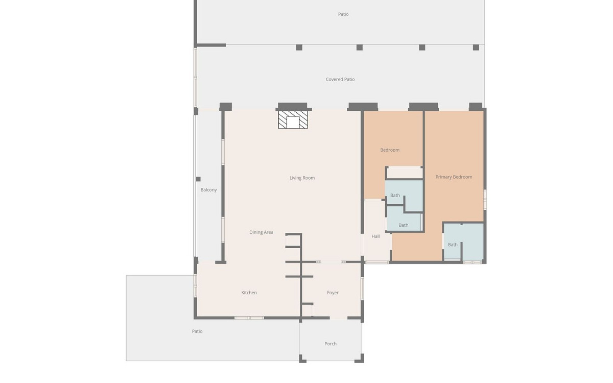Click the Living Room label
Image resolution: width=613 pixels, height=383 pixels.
pyautogui.click(x=302, y=178)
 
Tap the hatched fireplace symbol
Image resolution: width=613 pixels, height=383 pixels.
pyautogui.click(x=293, y=120)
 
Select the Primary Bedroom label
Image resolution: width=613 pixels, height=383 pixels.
pyautogui.click(x=454, y=177)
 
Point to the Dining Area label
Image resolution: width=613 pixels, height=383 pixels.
pyautogui.click(x=261, y=232)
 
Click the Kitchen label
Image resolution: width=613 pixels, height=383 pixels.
pyautogui.click(x=249, y=292)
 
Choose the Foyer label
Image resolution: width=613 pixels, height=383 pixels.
pyautogui.click(x=333, y=292)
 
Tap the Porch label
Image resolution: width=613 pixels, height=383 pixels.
pyautogui.click(x=330, y=344)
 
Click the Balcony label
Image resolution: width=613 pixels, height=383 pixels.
pyautogui.click(x=208, y=190)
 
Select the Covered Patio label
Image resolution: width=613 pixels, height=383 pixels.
pyautogui.click(x=340, y=79)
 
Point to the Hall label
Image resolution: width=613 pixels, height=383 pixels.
pyautogui.click(x=375, y=236)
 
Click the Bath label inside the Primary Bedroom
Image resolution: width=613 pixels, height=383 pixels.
pyautogui.click(x=453, y=244)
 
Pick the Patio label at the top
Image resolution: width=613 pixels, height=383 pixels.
pyautogui.click(x=343, y=14)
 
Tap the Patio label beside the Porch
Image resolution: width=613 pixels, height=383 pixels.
pyautogui.click(x=197, y=331)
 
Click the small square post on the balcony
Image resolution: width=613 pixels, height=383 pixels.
pyautogui.click(x=198, y=179)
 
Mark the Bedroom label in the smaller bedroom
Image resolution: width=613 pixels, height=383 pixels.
pyautogui.click(x=390, y=150)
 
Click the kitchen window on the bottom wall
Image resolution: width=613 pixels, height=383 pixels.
pyautogui.click(x=249, y=318)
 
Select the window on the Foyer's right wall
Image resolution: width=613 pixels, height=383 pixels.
pyautogui.click(x=362, y=288)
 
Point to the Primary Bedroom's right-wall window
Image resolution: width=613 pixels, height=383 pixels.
pyautogui.click(x=485, y=199)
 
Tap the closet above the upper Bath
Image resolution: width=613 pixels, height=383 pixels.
pyautogui.click(x=405, y=173)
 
